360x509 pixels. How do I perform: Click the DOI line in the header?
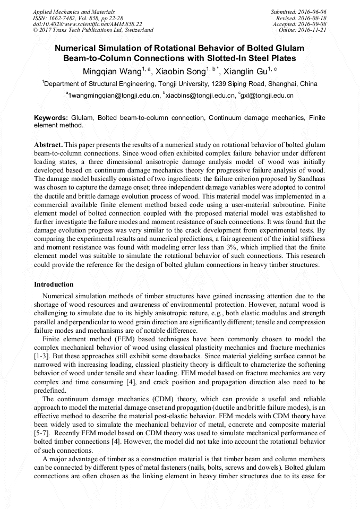pos(87,24)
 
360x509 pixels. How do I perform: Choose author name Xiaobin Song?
pos(183,71)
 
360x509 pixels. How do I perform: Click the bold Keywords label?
pos(50,117)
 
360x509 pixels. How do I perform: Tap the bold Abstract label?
pos(48,145)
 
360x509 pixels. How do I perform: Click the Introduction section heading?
pos(54,285)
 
